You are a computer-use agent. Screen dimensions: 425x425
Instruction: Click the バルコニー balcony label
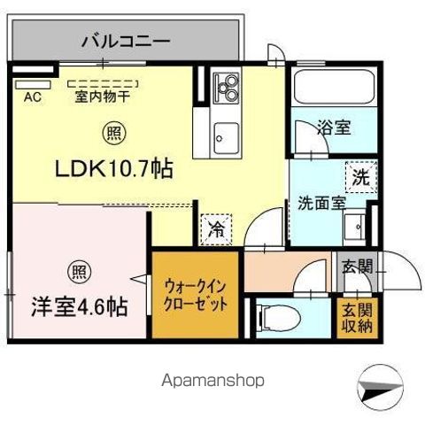126,42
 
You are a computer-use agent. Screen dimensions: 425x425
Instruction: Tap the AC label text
33,97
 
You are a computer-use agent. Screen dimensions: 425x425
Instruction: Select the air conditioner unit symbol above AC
34,85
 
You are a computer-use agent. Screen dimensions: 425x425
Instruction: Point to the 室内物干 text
103,97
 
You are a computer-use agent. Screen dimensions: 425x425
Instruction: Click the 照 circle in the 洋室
80,272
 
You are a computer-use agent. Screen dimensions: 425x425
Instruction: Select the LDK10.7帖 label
114,169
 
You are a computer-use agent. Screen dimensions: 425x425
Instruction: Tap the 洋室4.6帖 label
80,307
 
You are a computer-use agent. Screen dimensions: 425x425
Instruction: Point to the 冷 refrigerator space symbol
216,229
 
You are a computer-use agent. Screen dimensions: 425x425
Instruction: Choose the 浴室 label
334,127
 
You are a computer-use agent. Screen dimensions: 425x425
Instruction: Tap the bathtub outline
334,87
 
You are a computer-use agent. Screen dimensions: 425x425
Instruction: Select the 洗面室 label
321,203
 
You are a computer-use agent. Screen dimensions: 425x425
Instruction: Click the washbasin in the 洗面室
354,227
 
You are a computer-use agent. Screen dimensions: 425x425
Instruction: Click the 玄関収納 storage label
357,318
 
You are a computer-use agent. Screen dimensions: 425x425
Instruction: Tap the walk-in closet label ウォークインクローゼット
195,295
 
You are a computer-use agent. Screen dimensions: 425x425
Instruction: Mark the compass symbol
381,387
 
